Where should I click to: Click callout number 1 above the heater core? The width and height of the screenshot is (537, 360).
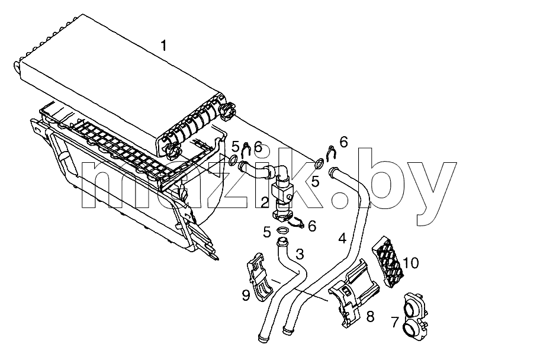(x=164, y=46)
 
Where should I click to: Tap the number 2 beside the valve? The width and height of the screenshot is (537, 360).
(x=265, y=202)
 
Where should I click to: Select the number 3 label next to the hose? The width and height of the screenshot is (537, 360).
(x=300, y=254)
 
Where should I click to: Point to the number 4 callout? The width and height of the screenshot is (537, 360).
(x=342, y=238)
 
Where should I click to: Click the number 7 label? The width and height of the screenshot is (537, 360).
(x=395, y=322)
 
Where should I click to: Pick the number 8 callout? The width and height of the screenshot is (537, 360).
(x=370, y=317)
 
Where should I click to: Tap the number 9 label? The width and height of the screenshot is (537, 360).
(x=246, y=295)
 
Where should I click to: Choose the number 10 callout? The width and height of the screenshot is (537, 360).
(x=411, y=263)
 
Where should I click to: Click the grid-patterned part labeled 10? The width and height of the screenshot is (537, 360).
(x=388, y=261)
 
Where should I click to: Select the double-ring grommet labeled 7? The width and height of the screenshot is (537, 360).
(x=415, y=317)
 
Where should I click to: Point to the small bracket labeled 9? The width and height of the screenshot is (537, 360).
(x=259, y=278)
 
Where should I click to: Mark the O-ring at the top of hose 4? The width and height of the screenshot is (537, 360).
(x=319, y=163)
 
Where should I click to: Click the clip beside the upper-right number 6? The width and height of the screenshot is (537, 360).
(x=332, y=153)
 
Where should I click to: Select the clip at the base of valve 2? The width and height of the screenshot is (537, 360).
(x=296, y=223)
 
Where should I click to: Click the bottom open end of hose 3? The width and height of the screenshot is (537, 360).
(x=262, y=339)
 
